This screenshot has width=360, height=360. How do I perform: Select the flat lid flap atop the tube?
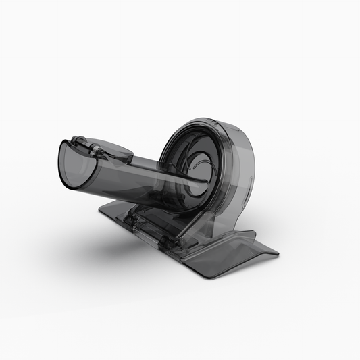[x=112, y=151]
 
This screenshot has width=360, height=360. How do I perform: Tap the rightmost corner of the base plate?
[x=278, y=254]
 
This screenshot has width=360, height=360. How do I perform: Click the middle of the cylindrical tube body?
[x=135, y=179]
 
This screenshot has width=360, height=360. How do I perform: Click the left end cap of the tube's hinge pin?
[x=75, y=141]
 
